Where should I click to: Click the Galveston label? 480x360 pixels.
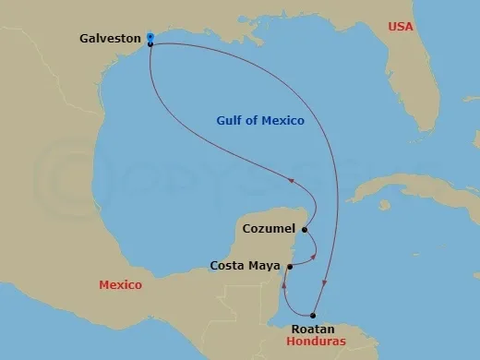pos(109,39)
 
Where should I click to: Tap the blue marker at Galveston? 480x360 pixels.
pos(150,38)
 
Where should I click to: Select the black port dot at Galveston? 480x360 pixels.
pos(150,44)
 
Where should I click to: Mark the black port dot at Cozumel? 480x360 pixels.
pos(303,228)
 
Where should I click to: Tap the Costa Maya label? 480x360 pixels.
pos(246,266)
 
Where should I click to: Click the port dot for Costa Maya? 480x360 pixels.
pos(290,266)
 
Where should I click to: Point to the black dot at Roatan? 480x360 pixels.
pos(313,316)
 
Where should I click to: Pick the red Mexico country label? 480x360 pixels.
pos(120,285)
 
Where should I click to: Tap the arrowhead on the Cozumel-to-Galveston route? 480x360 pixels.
pos(291,181)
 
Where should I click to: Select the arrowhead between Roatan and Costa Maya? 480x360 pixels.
pos(284,286)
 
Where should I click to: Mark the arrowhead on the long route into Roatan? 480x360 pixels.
pos(325,284)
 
